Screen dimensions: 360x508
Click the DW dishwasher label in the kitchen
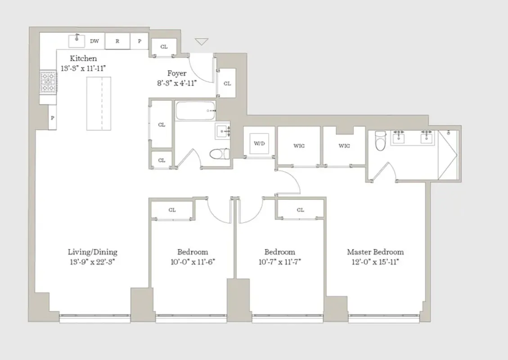click(x=94, y=41)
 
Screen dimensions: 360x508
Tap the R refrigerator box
click(x=117, y=41)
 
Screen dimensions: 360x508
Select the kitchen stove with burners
click(x=48, y=82)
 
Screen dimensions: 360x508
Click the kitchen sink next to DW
click(x=76, y=40)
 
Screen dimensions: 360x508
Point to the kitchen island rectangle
click(x=99, y=103)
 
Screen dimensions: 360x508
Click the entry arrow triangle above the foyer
click(x=202, y=42)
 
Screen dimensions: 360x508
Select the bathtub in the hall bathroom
click(x=195, y=110)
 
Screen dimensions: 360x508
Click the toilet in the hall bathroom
click(x=220, y=153)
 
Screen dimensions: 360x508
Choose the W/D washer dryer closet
click(x=259, y=144)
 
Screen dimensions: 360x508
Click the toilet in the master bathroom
click(x=381, y=141)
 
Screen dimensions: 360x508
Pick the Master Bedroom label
click(x=375, y=252)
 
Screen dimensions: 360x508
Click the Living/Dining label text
click(x=92, y=252)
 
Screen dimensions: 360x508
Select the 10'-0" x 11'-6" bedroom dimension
click(x=193, y=262)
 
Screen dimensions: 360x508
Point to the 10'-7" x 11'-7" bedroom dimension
click(x=279, y=262)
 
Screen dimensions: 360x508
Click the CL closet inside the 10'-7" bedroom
click(x=300, y=210)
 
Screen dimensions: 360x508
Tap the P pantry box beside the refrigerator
click(x=139, y=41)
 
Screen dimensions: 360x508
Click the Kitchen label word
click(x=83, y=58)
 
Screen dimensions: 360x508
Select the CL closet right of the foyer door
click(x=227, y=83)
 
